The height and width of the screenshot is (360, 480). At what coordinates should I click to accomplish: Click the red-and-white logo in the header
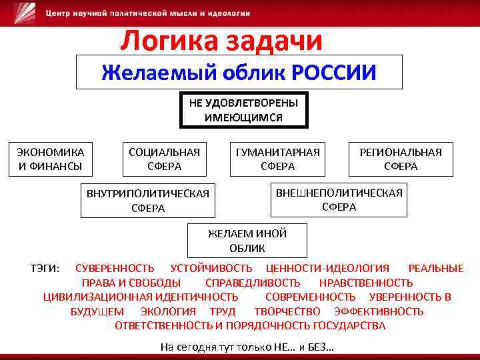coord(26,13)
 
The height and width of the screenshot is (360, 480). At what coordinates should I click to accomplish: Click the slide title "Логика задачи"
coord(221,41)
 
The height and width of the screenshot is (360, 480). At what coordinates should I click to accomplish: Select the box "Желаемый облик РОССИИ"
coord(239,72)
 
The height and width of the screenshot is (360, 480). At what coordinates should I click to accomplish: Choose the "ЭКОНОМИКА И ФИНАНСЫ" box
coord(51,159)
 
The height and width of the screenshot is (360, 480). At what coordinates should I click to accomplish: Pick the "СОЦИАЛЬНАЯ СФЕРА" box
coord(164,159)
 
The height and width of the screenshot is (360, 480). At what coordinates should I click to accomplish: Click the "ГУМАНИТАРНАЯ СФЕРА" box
coord(278,159)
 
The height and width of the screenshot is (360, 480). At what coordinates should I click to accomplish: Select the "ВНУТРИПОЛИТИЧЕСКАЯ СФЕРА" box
coord(148,200)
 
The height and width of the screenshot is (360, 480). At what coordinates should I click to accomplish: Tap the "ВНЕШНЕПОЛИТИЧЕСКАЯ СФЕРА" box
coord(339,199)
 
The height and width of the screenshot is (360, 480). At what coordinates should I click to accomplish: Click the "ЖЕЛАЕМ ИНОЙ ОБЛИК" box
coord(247,240)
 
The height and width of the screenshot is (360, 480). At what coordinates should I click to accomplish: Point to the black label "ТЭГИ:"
coord(45,268)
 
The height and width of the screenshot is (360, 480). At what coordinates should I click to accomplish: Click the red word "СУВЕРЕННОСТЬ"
coord(115,268)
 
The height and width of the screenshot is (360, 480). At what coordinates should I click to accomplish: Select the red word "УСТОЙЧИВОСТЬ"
coord(211,268)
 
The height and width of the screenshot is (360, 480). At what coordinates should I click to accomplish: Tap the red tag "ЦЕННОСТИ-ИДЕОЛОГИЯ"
coord(327,268)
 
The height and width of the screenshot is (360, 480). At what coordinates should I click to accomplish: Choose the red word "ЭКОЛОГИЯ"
coord(168,311)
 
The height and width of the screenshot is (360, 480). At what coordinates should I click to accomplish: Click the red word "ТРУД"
coord(223,311)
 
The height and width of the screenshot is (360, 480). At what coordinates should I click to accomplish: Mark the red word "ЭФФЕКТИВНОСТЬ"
coord(379,311)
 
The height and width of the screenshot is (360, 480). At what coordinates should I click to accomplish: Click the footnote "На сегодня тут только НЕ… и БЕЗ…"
coord(247,347)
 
